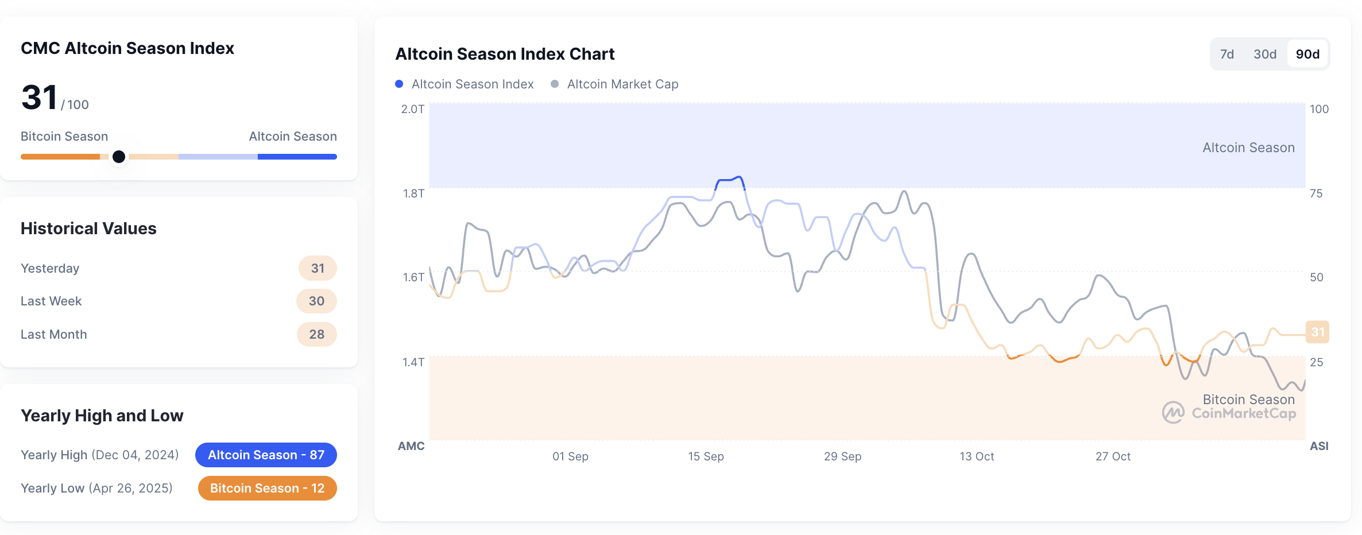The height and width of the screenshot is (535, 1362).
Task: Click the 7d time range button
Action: coord(1226,54)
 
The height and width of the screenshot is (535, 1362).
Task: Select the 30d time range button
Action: coord(1264,54)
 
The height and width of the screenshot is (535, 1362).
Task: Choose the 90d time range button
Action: coord(1307,54)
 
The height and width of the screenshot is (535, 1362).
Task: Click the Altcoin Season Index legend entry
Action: coord(465,84)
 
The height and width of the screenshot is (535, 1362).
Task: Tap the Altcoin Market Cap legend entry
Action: coord(615,84)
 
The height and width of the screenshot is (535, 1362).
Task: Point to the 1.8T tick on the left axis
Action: coord(413,193)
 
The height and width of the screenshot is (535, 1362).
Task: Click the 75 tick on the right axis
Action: coord(1316,193)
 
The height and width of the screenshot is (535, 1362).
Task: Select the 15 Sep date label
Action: coord(706,456)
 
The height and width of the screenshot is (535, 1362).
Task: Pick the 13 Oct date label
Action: coord(977,456)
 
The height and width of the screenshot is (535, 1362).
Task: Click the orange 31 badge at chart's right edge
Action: coord(1317,332)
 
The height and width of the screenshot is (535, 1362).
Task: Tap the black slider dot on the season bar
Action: coord(119,157)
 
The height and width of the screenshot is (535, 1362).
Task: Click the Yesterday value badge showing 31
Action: coord(318,268)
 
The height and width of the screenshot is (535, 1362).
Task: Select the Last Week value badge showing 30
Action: coord(316,301)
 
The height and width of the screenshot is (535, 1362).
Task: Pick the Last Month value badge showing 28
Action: coord(316,334)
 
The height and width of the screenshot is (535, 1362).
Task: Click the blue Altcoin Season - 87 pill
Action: coord(266,455)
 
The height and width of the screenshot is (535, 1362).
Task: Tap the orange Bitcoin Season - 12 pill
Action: coord(267,488)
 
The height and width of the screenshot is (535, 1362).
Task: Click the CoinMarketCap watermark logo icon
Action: coord(1173,412)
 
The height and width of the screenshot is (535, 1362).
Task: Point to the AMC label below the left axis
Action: coord(411,446)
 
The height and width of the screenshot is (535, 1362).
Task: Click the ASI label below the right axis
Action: coord(1319,446)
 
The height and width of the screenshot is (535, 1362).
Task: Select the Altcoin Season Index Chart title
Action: coord(505,54)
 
